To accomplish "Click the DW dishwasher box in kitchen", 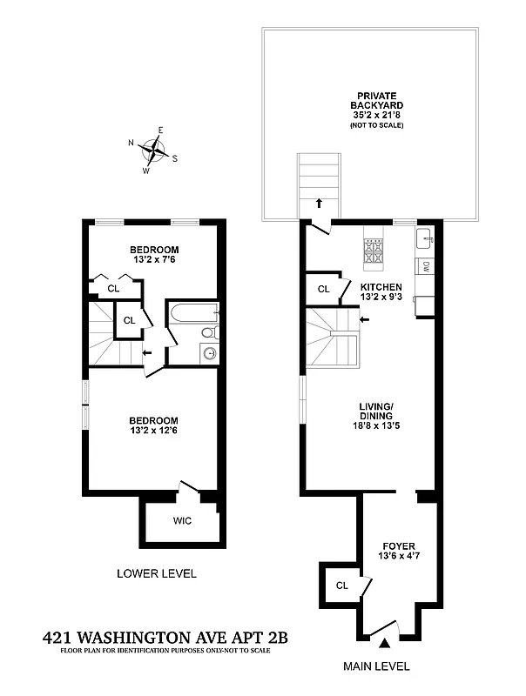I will point(425,267).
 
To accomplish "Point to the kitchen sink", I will point(424,238).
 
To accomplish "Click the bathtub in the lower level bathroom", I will point(192,314).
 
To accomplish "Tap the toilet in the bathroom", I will point(209,332).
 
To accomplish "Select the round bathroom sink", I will point(209,353).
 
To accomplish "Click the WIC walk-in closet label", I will point(182,520).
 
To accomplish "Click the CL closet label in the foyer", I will point(341,586).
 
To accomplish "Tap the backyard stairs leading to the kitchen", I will point(315,180).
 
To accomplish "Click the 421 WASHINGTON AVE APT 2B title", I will point(165,638).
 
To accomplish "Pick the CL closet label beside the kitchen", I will point(323,289).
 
